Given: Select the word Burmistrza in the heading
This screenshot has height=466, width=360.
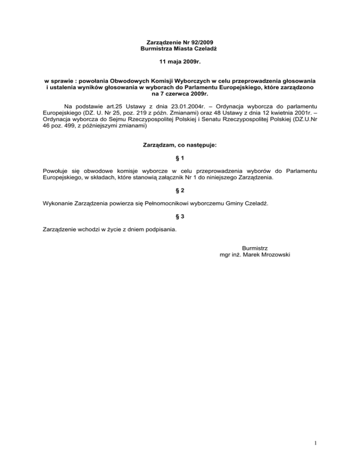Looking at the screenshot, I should [x=157, y=48].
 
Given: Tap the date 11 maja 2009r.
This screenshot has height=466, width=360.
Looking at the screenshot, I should [x=180, y=61].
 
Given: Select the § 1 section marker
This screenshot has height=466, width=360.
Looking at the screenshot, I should [x=180, y=158].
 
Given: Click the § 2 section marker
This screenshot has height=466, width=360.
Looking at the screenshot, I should [x=180, y=191].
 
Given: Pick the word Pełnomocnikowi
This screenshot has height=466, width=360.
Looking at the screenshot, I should [x=167, y=204].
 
